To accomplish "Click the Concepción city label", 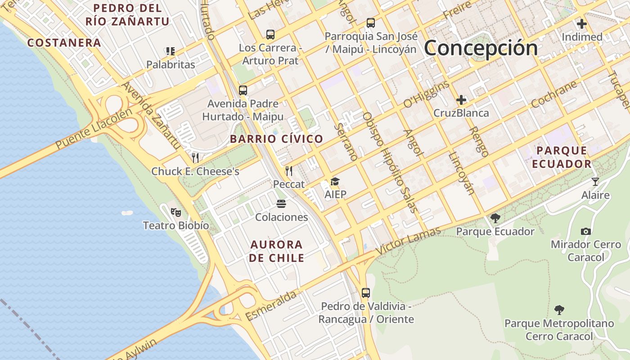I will [x=481, y=48].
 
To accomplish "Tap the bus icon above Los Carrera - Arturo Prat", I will [x=270, y=34].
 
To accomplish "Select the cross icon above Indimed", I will [x=582, y=24].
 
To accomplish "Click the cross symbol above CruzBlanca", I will [x=461, y=99].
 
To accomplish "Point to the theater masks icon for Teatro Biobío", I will [x=175, y=211].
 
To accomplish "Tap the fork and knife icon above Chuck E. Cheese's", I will [x=195, y=158].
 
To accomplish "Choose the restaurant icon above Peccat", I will [x=289, y=171].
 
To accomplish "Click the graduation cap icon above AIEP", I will [x=335, y=182].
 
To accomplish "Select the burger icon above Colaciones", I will [x=282, y=204].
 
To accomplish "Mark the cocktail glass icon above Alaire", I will [x=595, y=182].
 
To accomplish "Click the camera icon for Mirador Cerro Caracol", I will [x=586, y=231].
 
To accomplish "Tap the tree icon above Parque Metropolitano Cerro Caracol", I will [x=559, y=310].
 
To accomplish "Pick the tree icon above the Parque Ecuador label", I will [x=495, y=218].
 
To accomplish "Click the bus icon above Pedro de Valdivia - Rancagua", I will [x=366, y=293].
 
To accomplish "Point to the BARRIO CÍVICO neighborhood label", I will [x=276, y=139].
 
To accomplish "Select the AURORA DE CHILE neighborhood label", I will [x=276, y=251].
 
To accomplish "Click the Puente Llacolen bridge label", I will [x=94, y=129].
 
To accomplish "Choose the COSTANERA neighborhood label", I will [x=64, y=43].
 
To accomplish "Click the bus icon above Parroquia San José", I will [x=371, y=23].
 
